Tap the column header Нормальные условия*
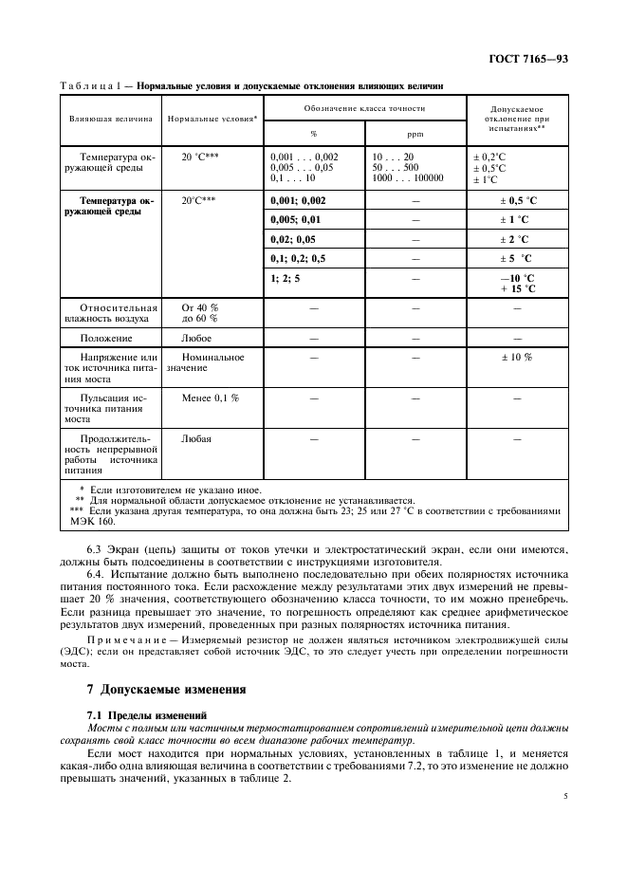(x=212, y=120)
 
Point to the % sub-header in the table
(x=313, y=134)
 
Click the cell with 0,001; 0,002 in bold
(x=298, y=200)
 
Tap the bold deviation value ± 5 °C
(x=516, y=258)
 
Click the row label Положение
(x=106, y=337)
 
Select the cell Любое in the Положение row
(x=196, y=337)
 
